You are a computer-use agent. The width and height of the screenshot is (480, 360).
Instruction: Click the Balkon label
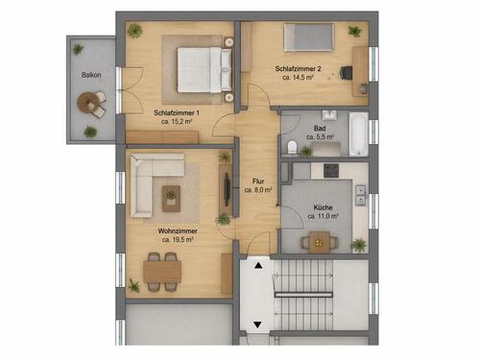pyautogui.click(x=91, y=73)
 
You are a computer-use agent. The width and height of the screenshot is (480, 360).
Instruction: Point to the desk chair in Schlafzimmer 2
pyautogui.click(x=363, y=87)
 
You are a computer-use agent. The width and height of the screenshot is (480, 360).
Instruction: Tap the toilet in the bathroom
pyautogui.click(x=292, y=146)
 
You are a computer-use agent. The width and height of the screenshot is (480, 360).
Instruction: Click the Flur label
pyautogui.click(x=258, y=180)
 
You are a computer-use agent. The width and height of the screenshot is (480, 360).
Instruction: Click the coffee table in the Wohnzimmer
pyautogui.click(x=172, y=195)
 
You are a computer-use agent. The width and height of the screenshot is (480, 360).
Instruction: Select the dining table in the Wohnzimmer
pyautogui.click(x=162, y=270)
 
